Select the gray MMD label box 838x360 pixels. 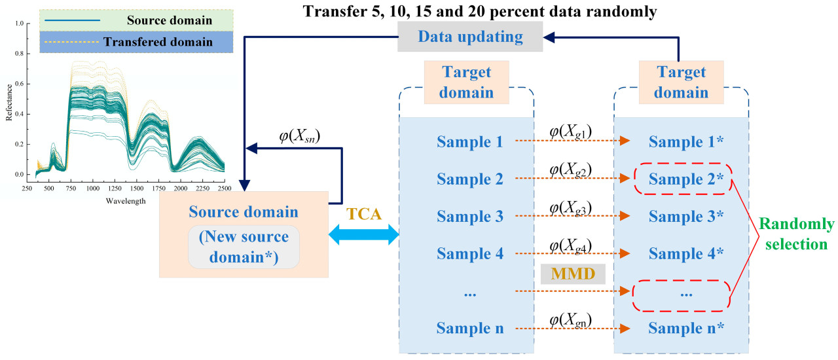(572, 274)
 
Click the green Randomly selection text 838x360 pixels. (797, 234)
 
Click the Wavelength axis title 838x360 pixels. (126, 201)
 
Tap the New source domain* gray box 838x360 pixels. (244, 247)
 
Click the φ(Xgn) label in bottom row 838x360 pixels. (571, 319)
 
